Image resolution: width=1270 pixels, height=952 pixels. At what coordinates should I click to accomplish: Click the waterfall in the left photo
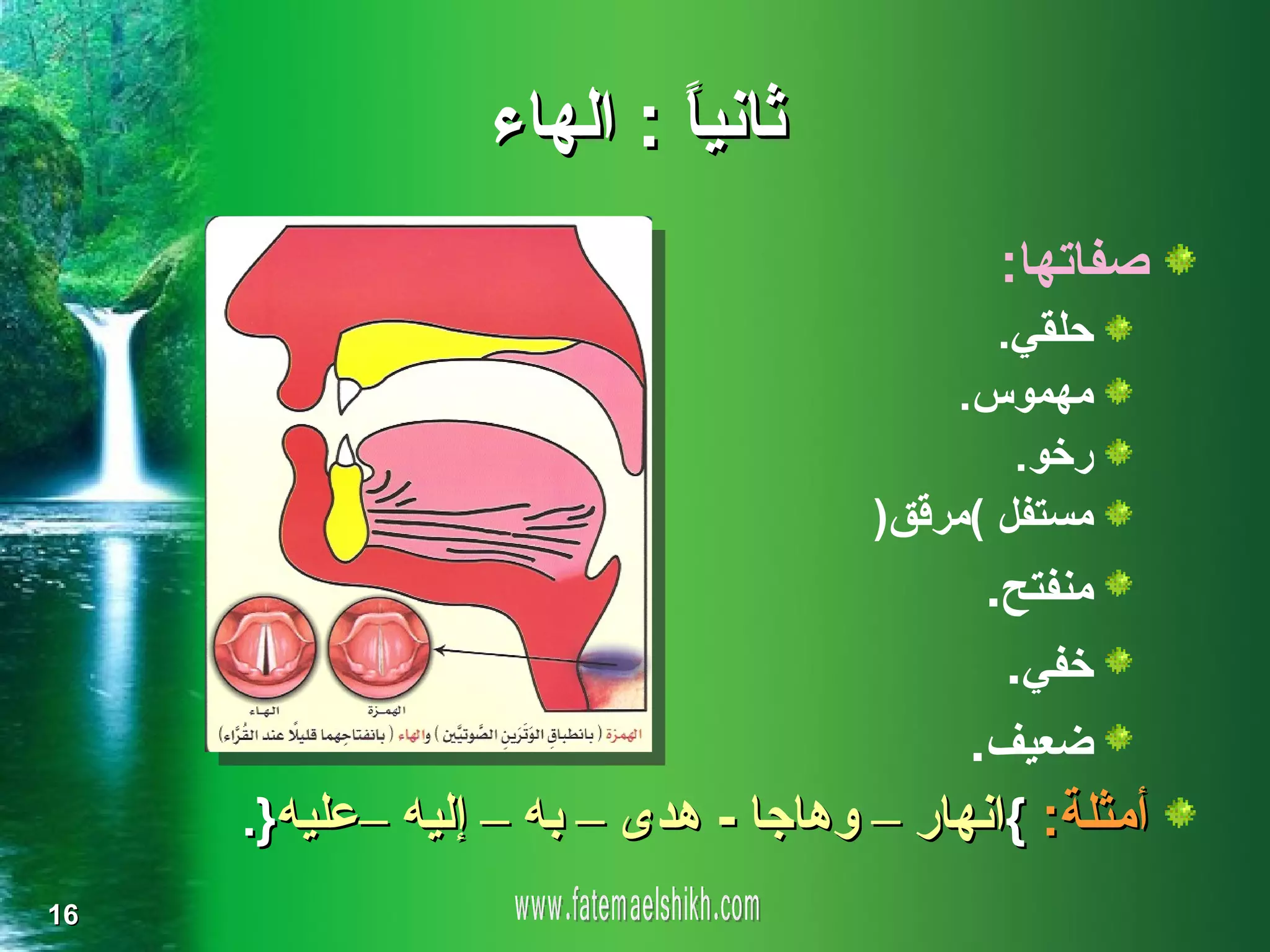click(x=112, y=403)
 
